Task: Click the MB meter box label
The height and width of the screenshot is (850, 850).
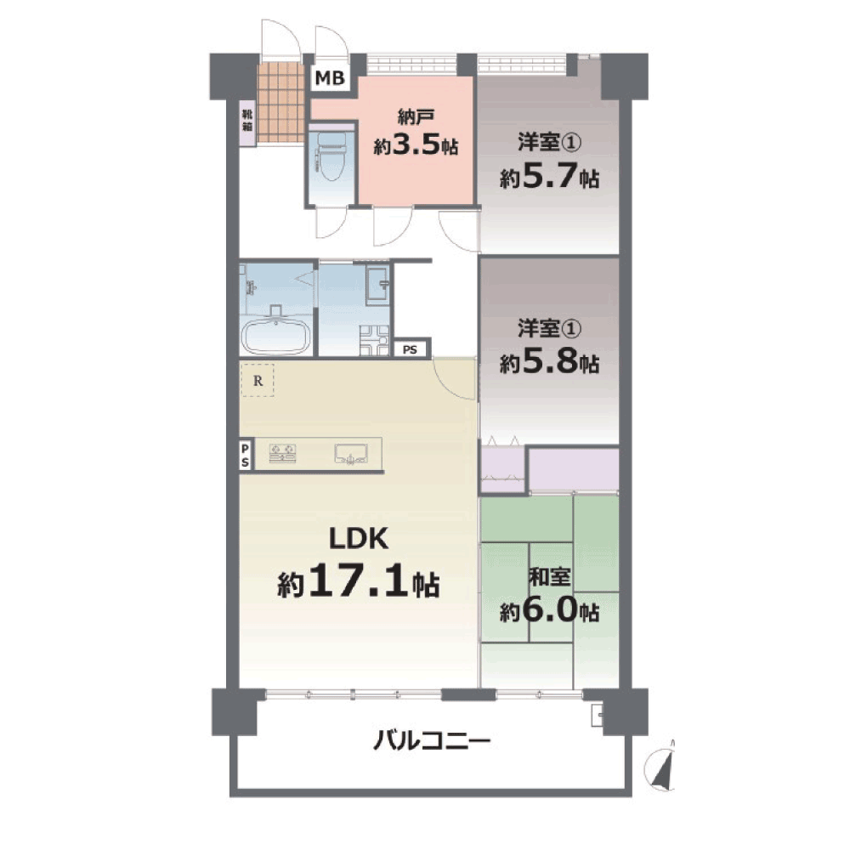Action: pyautogui.click(x=330, y=78)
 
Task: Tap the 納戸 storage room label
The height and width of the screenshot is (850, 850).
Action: pyautogui.click(x=416, y=116)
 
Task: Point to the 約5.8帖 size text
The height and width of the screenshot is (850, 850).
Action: pyautogui.click(x=549, y=361)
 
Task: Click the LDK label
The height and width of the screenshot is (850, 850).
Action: pyautogui.click(x=359, y=539)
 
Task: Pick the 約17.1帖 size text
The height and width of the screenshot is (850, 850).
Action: pyautogui.click(x=359, y=581)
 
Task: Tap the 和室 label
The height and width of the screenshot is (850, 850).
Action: pyautogui.click(x=549, y=577)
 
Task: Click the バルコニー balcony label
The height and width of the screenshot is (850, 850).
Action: pyautogui.click(x=432, y=740)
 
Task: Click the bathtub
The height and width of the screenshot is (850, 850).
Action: pyautogui.click(x=275, y=336)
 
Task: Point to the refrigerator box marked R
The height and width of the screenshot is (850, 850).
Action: pyautogui.click(x=258, y=381)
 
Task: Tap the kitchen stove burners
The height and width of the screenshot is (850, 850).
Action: pyautogui.click(x=282, y=453)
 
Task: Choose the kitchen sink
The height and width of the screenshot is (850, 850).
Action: pyautogui.click(x=351, y=454)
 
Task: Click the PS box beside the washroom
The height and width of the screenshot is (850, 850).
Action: pyautogui.click(x=410, y=349)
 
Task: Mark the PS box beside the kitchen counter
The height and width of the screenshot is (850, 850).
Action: pyautogui.click(x=246, y=456)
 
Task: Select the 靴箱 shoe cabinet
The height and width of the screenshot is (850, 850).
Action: pyautogui.click(x=247, y=124)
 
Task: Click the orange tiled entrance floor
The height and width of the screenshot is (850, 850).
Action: pyautogui.click(x=280, y=103)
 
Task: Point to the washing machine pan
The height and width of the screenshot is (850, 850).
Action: pyautogui.click(x=374, y=341)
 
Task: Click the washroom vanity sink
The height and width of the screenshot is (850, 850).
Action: pyautogui.click(x=378, y=285)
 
